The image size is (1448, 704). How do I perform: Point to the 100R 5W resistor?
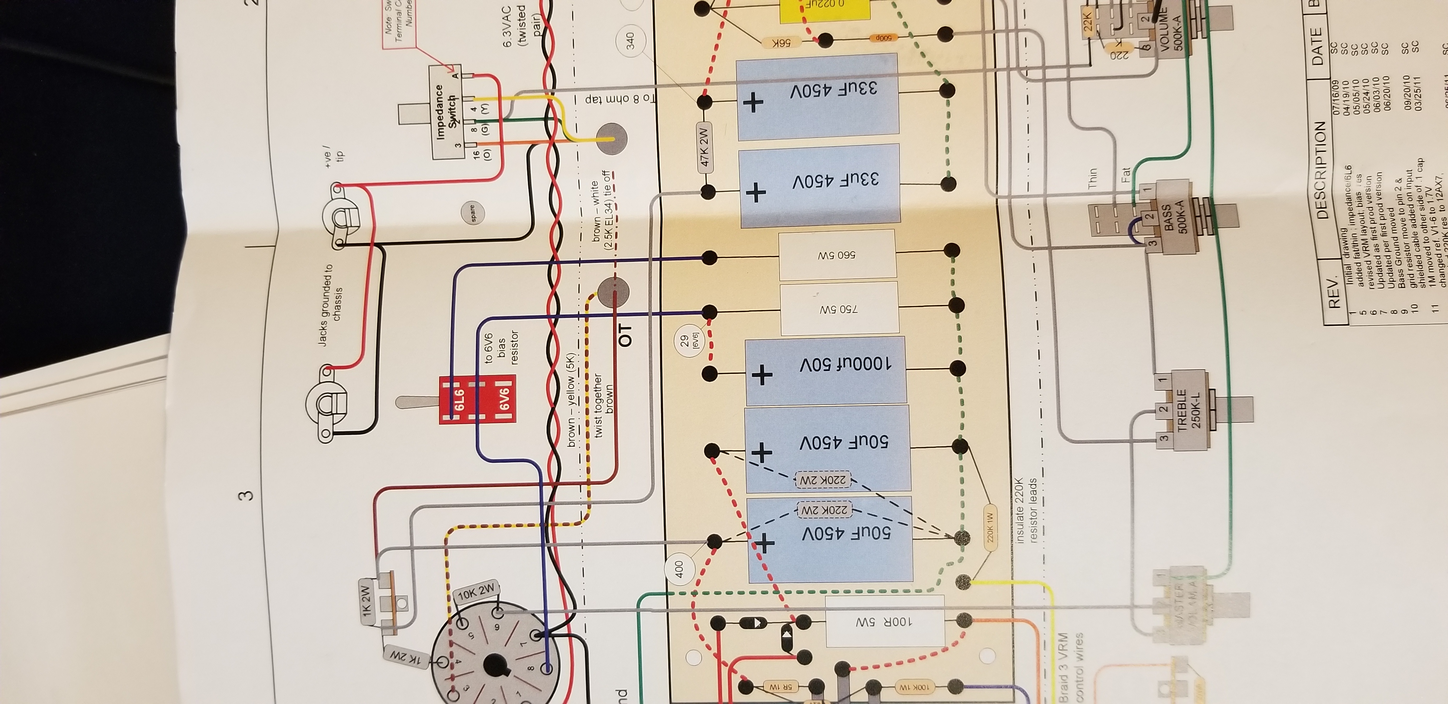pyautogui.click(x=884, y=622)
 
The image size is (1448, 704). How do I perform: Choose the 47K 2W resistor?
pyautogui.click(x=704, y=147)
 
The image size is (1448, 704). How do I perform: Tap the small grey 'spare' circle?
pyautogui.click(x=473, y=213)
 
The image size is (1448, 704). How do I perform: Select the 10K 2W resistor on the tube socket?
pyautogui.click(x=477, y=593)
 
